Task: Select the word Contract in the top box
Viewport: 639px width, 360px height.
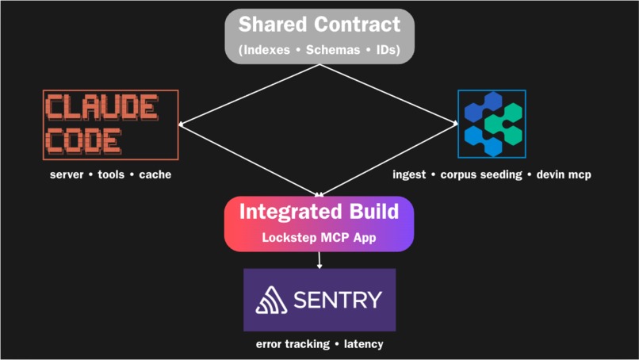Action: pyautogui.click(x=354, y=24)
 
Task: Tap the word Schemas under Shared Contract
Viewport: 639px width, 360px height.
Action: pyautogui.click(x=333, y=50)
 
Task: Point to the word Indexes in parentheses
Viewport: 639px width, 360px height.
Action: pyautogui.click(x=264, y=50)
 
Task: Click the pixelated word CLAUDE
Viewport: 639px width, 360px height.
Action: pyautogui.click(x=101, y=107)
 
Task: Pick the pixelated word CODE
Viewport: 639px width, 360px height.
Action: pyautogui.click(x=83, y=141)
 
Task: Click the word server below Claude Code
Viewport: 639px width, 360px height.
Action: pyautogui.click(x=67, y=174)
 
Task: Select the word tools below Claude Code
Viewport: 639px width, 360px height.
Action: pyautogui.click(x=111, y=174)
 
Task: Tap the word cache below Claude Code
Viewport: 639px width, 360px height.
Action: pyautogui.click(x=155, y=174)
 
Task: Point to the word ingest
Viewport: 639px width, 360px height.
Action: pyautogui.click(x=409, y=175)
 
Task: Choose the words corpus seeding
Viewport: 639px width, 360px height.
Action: pyautogui.click(x=481, y=175)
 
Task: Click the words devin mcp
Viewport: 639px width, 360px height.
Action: pyautogui.click(x=564, y=175)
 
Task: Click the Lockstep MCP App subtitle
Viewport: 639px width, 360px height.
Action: pyautogui.click(x=319, y=237)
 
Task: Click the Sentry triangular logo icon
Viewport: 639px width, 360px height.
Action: pyautogui.click(x=271, y=300)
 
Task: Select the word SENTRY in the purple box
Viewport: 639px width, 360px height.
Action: pyautogui.click(x=338, y=300)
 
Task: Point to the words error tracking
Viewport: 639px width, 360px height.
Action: pyautogui.click(x=293, y=344)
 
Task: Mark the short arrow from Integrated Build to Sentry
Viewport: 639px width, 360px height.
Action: pyautogui.click(x=319, y=260)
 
